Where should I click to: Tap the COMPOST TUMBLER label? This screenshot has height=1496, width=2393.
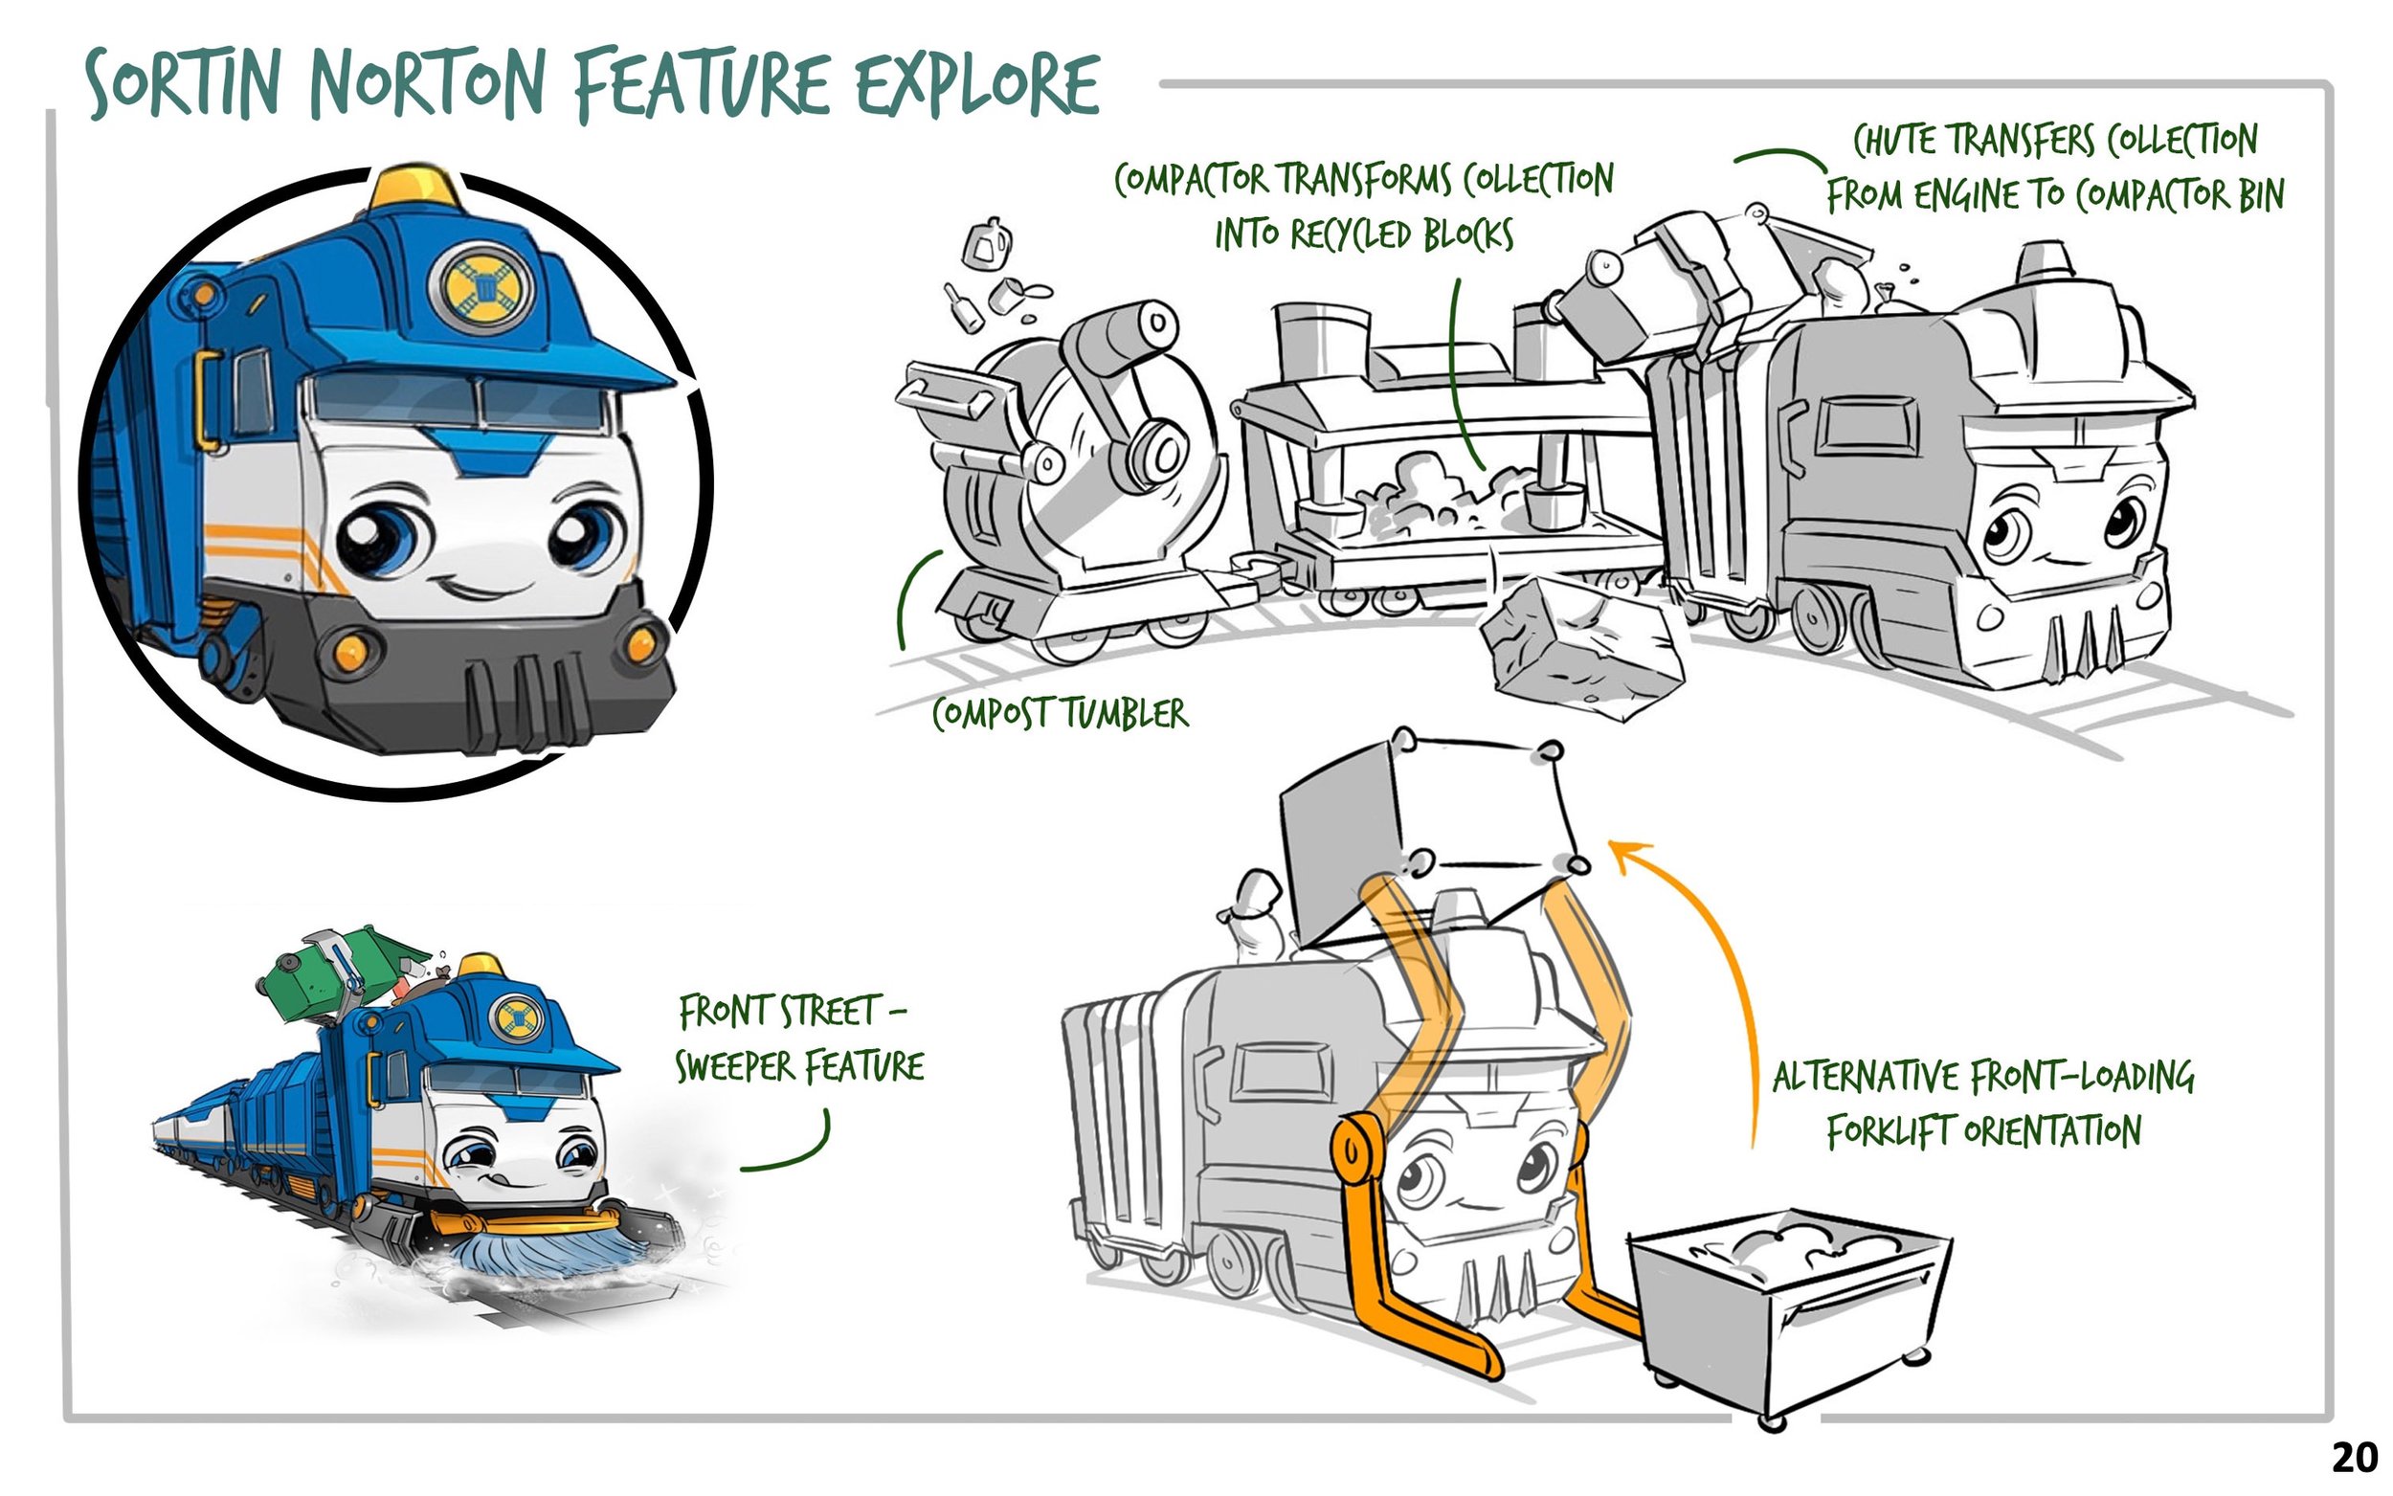[x=1060, y=713]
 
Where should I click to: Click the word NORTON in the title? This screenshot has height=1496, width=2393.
[x=426, y=85]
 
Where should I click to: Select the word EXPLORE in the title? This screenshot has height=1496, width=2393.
[x=976, y=85]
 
